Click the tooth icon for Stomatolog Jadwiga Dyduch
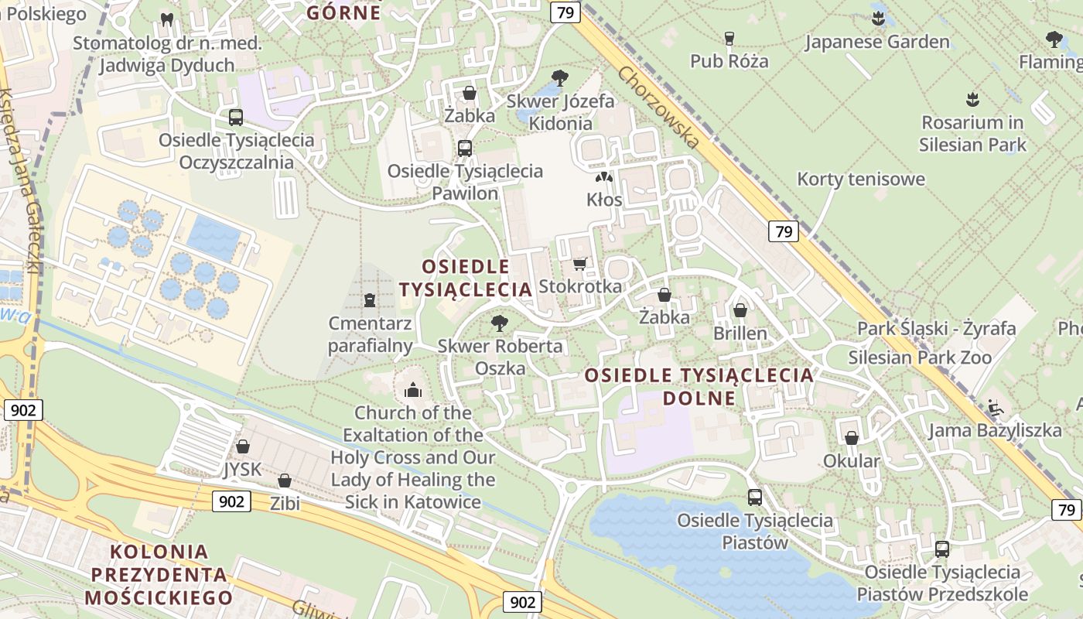click(166, 19)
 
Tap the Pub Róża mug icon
click(729, 38)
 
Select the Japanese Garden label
click(877, 42)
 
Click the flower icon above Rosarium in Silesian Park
click(972, 99)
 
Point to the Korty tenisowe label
click(861, 180)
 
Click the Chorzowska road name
click(659, 107)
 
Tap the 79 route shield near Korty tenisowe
click(784, 231)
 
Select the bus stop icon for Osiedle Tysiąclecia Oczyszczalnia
click(236, 118)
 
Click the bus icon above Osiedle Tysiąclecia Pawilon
click(465, 148)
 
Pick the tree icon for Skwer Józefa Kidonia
click(560, 77)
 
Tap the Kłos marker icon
click(604, 177)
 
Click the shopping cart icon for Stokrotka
click(579, 264)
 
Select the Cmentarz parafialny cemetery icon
click(370, 300)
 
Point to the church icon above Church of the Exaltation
click(413, 390)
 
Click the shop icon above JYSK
click(243, 446)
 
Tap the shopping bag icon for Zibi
click(285, 480)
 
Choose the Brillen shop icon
click(740, 310)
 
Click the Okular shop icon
click(852, 439)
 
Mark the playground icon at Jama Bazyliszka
click(995, 407)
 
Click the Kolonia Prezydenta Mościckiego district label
click(159, 574)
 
